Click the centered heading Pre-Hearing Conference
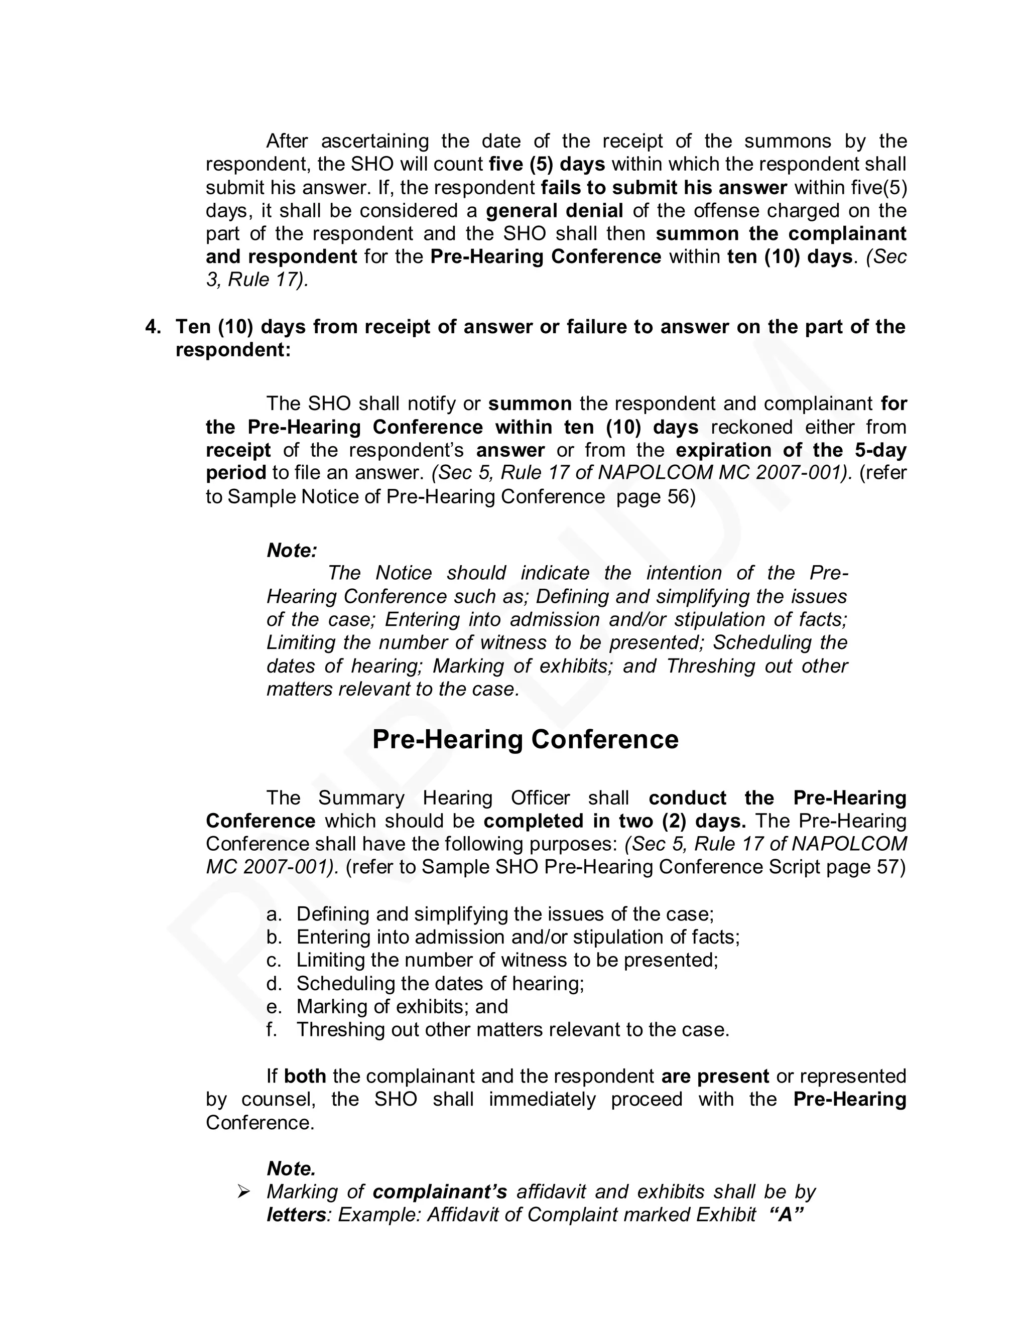(525, 739)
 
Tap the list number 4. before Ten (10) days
(154, 327)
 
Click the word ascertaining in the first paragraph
(374, 142)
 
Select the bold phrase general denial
(554, 211)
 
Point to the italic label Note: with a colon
(292, 551)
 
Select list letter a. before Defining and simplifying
(274, 914)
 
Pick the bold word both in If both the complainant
(305, 1076)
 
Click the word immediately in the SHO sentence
(542, 1099)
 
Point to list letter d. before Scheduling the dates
(274, 984)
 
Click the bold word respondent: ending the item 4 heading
(233, 350)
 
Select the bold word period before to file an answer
(236, 473)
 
